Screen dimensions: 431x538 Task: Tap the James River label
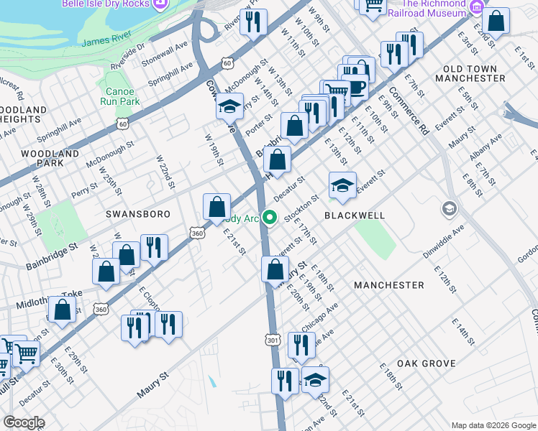(106, 43)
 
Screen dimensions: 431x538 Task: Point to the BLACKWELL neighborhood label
(355, 215)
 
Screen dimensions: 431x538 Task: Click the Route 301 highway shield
(271, 338)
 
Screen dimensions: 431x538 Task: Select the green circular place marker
(270, 216)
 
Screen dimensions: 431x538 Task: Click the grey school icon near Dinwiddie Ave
(450, 208)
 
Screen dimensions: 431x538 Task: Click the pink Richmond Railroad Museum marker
(475, 7)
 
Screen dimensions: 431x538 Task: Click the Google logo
(23, 422)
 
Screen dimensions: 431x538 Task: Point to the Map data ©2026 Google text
(493, 425)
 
